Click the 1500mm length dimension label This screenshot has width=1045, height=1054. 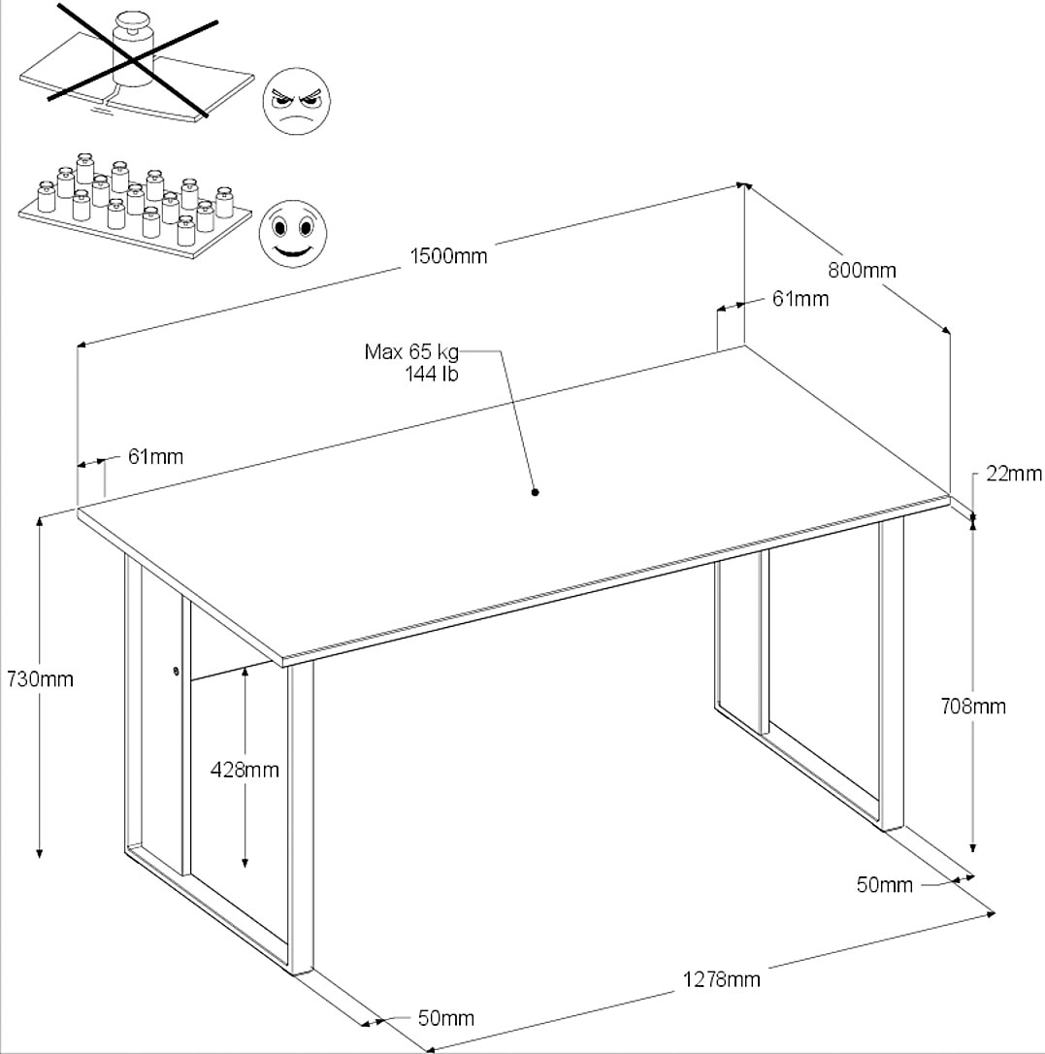pyautogui.click(x=448, y=256)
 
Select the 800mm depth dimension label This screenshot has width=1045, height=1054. pyautogui.click(x=863, y=271)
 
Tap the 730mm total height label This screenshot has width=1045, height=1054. pyautogui.click(x=40, y=679)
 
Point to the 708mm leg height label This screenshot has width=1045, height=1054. pyautogui.click(x=973, y=707)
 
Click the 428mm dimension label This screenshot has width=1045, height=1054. pyautogui.click(x=245, y=770)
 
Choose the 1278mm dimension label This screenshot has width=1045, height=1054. pyautogui.click(x=720, y=978)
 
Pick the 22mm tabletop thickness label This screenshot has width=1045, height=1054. pyautogui.click(x=1014, y=474)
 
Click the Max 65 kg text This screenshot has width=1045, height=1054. pyautogui.click(x=410, y=351)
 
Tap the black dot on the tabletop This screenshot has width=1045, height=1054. pyautogui.click(x=535, y=492)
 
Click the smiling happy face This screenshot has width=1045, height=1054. pyautogui.click(x=293, y=233)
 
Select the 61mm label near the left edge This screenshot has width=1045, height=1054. pyautogui.click(x=154, y=456)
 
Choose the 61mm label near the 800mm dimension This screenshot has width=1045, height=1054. pyautogui.click(x=800, y=299)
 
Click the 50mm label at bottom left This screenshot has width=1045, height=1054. pyautogui.click(x=445, y=1018)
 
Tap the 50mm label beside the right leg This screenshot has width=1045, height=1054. pyautogui.click(x=884, y=884)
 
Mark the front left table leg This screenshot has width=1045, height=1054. pyautogui.click(x=301, y=815)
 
